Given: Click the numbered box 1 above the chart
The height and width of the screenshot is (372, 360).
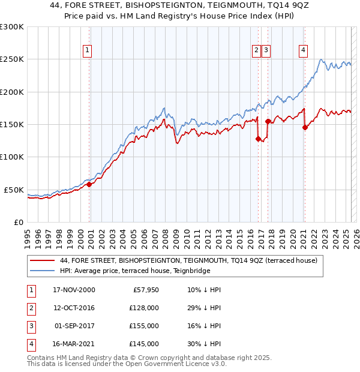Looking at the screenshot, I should [88, 50].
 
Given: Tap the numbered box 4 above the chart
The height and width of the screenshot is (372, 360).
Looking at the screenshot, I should [304, 50].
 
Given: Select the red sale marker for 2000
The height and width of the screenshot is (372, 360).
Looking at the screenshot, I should [89, 184].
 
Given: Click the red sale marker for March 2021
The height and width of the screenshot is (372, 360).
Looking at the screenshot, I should [305, 127].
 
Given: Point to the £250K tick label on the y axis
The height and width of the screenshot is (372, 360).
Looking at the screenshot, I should [12, 59].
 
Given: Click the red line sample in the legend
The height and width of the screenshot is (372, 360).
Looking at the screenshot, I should [42, 260].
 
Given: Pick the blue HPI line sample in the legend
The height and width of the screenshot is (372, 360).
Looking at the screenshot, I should [42, 271].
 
